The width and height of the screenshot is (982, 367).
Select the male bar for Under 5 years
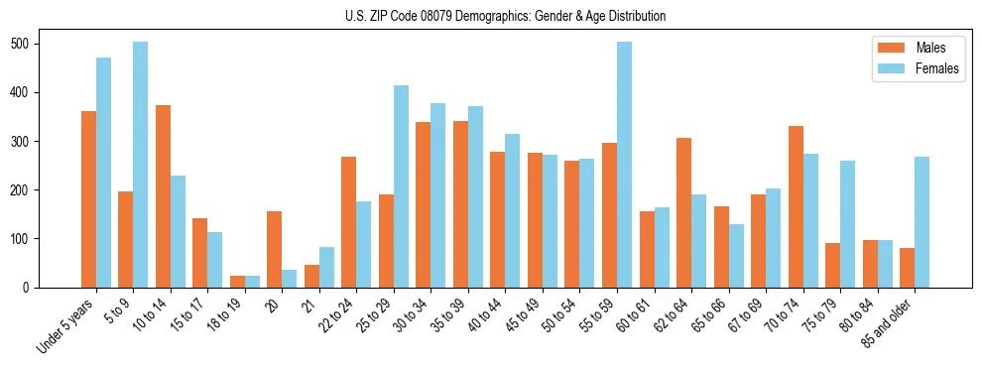click(x=88, y=199)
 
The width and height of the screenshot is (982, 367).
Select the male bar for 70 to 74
click(x=796, y=207)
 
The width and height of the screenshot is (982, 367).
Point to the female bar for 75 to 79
click(x=847, y=224)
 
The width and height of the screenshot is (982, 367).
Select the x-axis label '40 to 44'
click(x=490, y=316)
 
